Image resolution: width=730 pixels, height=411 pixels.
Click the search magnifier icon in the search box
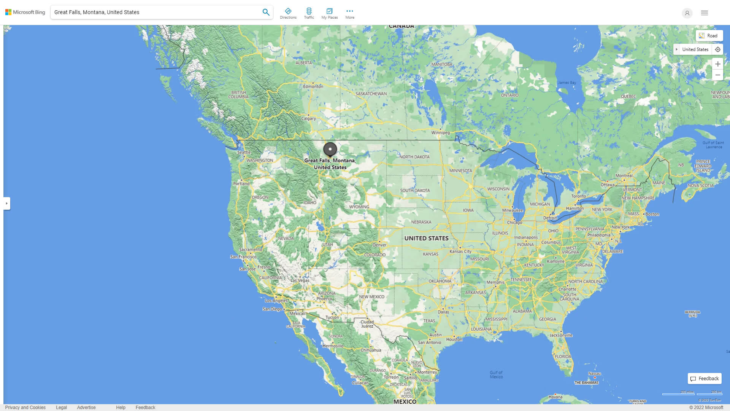click(x=266, y=12)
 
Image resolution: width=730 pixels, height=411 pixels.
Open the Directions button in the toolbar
click(x=288, y=13)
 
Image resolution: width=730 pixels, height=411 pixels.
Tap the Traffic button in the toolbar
click(x=309, y=13)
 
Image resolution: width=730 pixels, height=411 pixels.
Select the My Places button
click(x=329, y=13)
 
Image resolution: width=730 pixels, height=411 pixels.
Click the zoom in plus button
click(x=717, y=64)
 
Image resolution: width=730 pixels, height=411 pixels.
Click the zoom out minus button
click(x=717, y=75)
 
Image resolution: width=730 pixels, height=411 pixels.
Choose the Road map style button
click(x=709, y=36)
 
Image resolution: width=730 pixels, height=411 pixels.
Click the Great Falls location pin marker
click(x=330, y=149)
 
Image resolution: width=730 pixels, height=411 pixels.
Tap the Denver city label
click(x=379, y=245)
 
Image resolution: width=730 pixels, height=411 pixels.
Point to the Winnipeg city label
click(x=440, y=133)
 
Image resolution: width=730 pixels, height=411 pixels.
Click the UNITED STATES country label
click(x=426, y=238)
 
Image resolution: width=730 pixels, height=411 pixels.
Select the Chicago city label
click(x=514, y=223)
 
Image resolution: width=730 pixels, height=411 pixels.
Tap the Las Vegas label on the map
click(x=300, y=280)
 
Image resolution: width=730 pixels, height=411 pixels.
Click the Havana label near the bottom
click(x=555, y=397)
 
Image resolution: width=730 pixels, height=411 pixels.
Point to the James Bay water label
click(x=567, y=83)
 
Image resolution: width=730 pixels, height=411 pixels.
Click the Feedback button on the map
click(x=705, y=379)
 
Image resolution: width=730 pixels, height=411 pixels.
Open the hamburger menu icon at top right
click(x=705, y=13)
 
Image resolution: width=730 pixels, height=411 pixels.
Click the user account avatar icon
click(x=687, y=13)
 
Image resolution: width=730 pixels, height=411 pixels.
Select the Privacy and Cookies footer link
click(x=25, y=408)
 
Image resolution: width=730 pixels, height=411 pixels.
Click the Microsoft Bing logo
click(x=25, y=12)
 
